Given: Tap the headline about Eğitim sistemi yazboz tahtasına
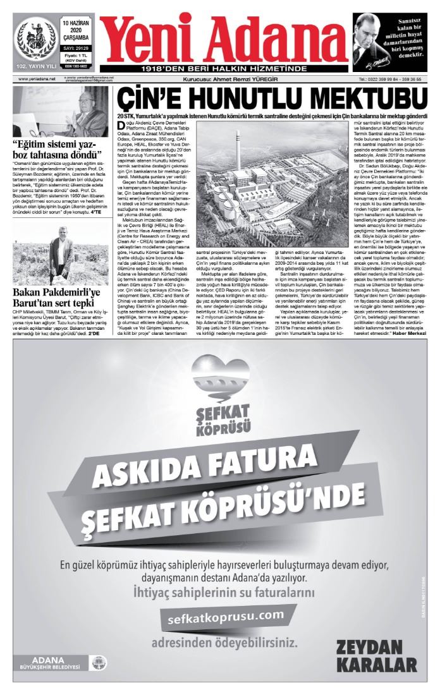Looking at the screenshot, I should point(54,149).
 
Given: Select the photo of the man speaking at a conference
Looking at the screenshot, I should point(55,111).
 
